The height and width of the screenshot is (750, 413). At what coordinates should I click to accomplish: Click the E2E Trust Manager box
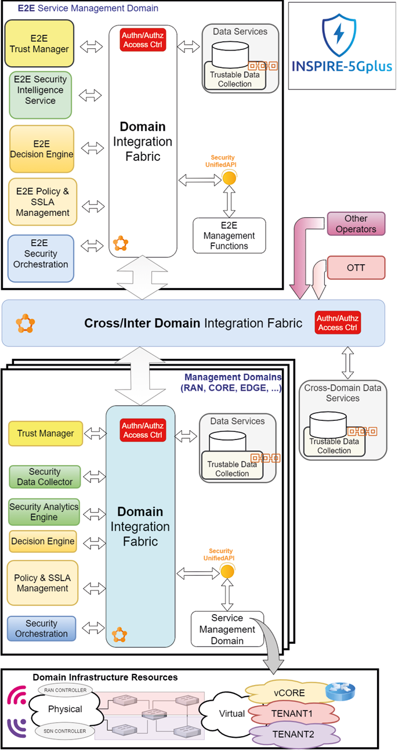tap(39, 44)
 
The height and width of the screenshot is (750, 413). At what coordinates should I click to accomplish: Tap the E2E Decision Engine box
tap(42, 149)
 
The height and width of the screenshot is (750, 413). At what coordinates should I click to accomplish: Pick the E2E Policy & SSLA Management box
tap(43, 202)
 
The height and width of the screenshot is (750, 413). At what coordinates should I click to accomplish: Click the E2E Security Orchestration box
tap(41, 258)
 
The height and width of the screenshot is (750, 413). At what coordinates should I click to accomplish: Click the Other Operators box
tap(356, 223)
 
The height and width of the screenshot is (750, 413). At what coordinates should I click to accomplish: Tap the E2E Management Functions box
tap(229, 236)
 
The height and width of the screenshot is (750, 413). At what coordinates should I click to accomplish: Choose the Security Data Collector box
tap(45, 477)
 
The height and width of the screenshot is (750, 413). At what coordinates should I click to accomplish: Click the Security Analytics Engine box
tap(44, 511)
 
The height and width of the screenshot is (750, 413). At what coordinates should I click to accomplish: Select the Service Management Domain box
tap(227, 629)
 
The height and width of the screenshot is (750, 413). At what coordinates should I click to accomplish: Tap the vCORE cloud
tap(289, 693)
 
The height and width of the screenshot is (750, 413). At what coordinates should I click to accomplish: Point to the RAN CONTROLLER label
tap(65, 690)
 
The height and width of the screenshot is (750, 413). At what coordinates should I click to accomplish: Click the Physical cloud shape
tap(65, 709)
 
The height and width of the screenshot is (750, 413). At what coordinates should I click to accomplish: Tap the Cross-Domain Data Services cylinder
tap(327, 426)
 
